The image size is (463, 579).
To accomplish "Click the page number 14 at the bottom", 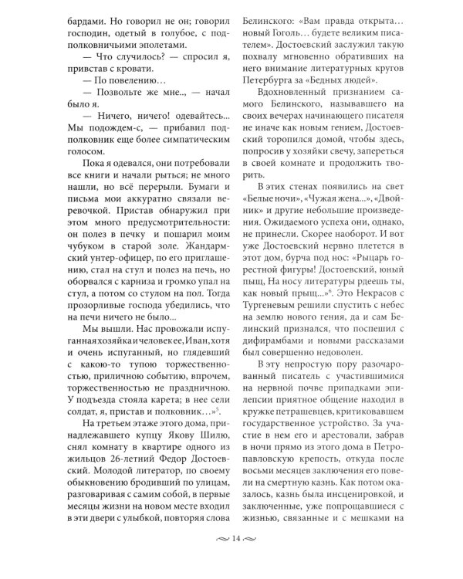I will pyautogui.click(x=231, y=560).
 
